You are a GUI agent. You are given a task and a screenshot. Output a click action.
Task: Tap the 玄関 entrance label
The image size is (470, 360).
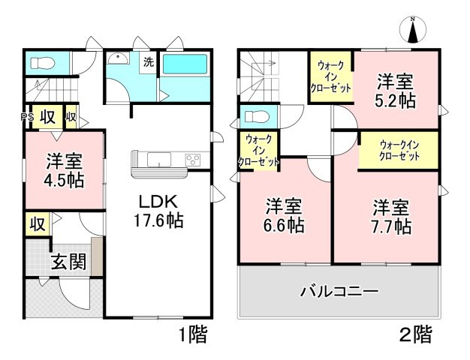68,262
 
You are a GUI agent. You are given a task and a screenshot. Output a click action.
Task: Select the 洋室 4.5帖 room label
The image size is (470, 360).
64,170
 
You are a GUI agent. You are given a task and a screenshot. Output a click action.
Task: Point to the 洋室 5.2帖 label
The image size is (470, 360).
396,89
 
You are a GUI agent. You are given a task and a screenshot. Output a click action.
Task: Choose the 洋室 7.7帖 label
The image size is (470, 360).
391,215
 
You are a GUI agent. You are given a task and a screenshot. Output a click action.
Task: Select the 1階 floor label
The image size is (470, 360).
193,334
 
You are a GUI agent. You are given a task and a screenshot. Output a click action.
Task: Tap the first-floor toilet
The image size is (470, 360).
46,62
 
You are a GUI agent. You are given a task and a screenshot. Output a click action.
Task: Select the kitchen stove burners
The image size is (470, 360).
192,159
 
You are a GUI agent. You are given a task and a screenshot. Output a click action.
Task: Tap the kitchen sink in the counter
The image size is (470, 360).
160,159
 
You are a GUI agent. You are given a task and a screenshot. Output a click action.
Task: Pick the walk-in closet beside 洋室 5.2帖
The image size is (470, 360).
331,76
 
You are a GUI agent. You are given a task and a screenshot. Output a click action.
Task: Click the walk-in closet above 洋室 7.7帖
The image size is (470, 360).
399,150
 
